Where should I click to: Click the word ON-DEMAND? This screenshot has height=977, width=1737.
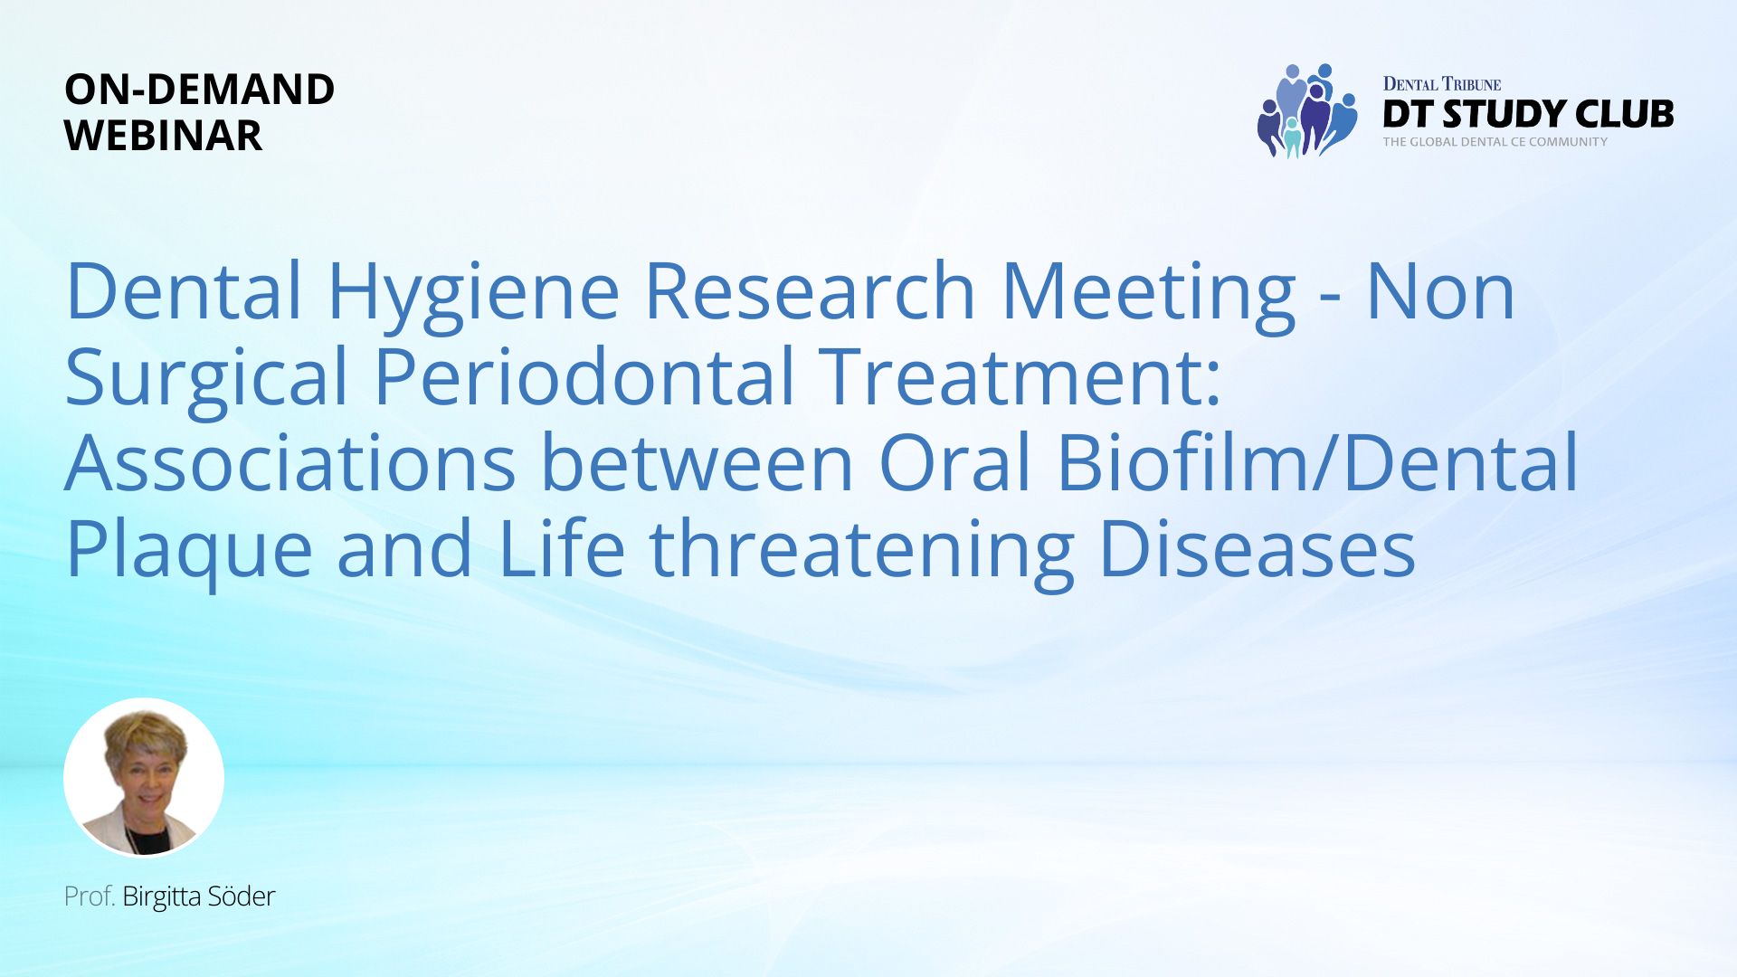200,90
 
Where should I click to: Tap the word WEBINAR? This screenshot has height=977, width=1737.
164,136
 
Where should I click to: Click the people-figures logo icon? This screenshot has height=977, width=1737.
1306,110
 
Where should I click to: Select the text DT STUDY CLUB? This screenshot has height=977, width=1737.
1528,114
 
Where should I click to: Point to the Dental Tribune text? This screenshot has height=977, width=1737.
1442,84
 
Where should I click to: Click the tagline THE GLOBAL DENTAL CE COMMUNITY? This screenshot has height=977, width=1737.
1495,142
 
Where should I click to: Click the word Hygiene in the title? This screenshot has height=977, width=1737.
473,295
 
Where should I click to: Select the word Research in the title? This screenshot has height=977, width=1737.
810,291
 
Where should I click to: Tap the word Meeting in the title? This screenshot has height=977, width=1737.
1149,295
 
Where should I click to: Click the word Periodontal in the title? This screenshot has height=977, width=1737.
584,375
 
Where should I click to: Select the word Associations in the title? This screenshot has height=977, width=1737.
290,462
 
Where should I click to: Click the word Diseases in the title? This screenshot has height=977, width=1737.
1258,547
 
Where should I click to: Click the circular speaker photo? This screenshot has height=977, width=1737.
144,777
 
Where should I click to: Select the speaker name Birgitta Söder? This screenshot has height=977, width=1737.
198,896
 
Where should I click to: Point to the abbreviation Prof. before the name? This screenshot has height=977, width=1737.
90,896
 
